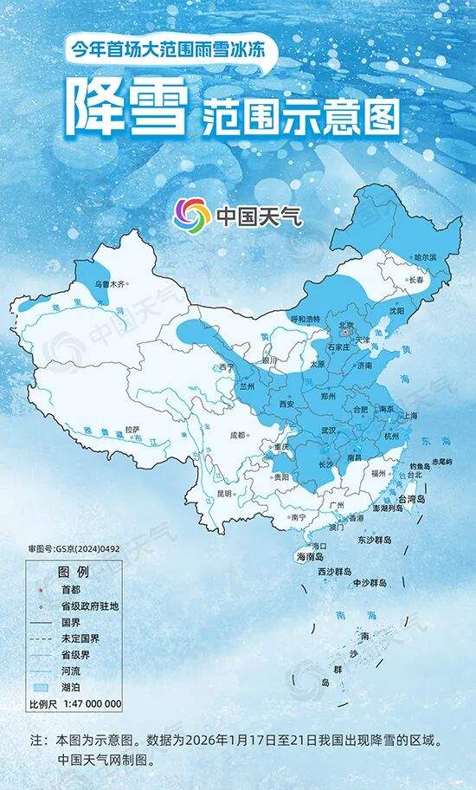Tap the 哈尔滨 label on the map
[x=425, y=258]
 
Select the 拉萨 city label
[x=132, y=429]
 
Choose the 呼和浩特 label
[x=303, y=319]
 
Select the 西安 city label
[x=286, y=405]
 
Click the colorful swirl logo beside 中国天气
[x=191, y=214]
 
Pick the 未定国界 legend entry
[x=79, y=638]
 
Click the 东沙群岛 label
[x=374, y=540]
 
